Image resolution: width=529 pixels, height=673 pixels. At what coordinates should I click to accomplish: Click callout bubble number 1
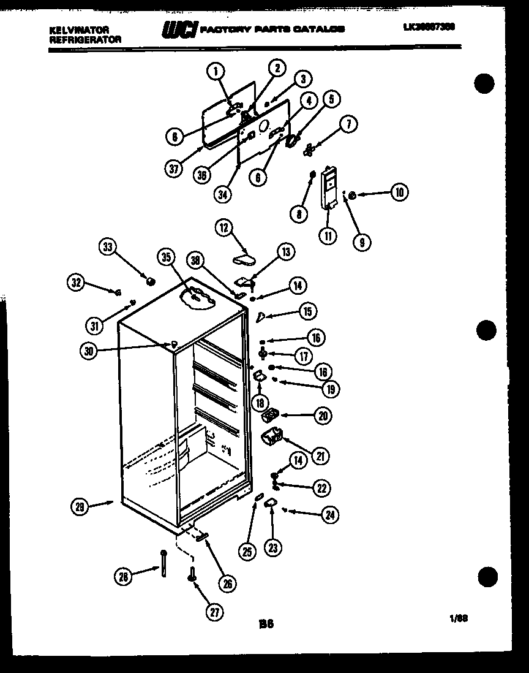point(215,72)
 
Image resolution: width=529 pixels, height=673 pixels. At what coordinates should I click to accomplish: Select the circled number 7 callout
point(348,124)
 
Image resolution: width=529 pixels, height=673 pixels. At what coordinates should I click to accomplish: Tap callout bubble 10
point(399,193)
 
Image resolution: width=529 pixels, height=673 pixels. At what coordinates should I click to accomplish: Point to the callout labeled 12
point(223,228)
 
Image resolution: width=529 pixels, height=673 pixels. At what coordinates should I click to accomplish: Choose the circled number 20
point(323,416)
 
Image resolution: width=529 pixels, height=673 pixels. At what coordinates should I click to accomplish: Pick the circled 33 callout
point(107,248)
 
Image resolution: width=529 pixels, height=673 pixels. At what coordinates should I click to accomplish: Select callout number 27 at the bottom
point(214,612)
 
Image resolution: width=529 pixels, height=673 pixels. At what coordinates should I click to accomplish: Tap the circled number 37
point(175,169)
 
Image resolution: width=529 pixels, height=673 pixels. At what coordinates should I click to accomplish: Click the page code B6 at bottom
point(265,624)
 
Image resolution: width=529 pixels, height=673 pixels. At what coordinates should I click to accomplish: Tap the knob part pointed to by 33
point(148,281)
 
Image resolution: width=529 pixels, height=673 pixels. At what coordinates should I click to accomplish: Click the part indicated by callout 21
point(271,438)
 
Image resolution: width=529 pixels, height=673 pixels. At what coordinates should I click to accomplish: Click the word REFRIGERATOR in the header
point(84,39)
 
